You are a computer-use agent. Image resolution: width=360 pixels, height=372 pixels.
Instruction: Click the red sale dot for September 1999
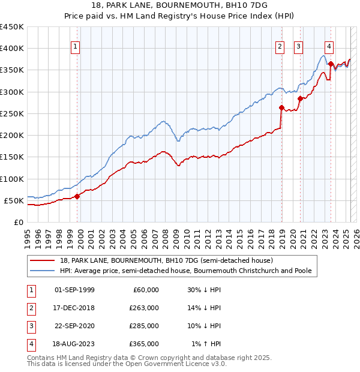coord(77,196)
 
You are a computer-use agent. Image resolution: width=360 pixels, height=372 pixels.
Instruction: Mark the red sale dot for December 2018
coord(281,108)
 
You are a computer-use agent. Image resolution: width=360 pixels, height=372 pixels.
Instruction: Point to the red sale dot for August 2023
coord(331,64)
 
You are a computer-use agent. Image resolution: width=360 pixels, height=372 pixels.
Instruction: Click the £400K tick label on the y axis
coord(12,49)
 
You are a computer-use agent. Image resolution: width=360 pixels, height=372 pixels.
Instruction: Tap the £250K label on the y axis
coord(12,113)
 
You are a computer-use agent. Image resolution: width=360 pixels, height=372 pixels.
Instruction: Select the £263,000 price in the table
coord(145,308)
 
